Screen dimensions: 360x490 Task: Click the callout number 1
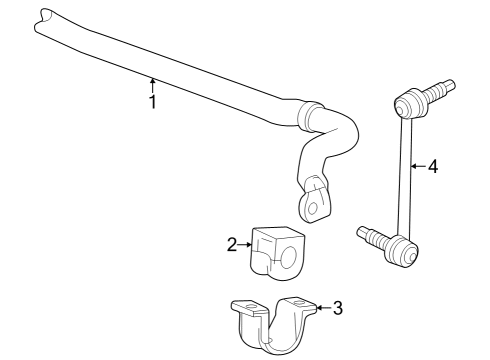click(152, 101)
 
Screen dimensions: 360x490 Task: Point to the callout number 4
click(432, 167)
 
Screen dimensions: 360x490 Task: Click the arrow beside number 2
click(244, 242)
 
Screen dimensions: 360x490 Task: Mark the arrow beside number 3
click(321, 308)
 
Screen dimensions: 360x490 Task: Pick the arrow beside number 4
click(416, 167)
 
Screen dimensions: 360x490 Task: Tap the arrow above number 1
click(152, 84)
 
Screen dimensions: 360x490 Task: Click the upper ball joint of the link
click(408, 103)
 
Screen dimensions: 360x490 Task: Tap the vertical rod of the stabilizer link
click(405, 175)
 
